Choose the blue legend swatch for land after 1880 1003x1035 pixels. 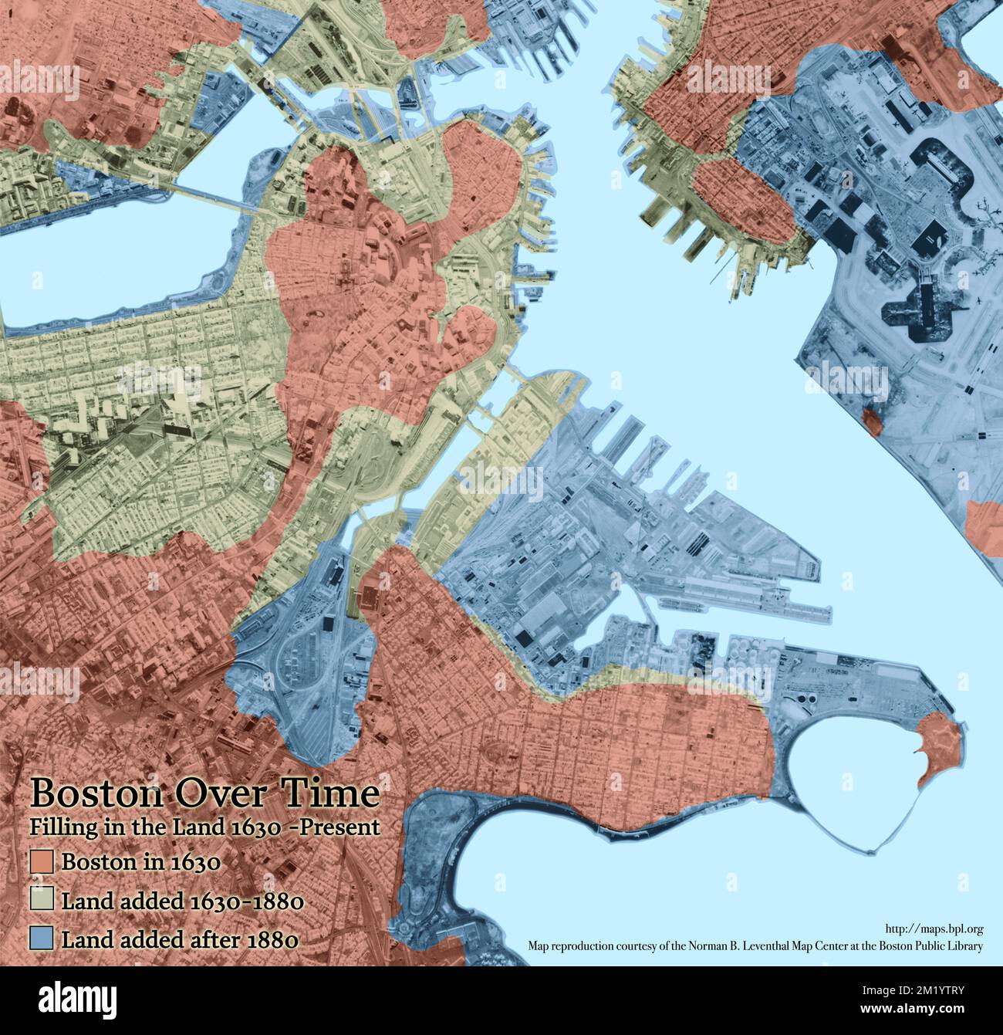(41, 939)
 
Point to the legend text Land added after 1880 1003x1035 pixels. (180, 939)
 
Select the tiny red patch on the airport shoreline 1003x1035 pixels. (873, 421)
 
